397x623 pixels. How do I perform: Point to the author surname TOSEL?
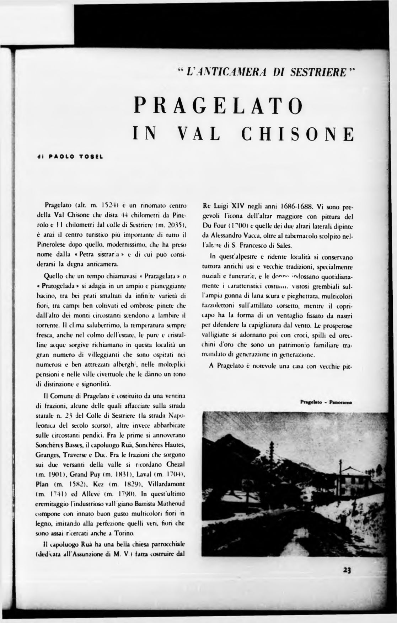[89, 156]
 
